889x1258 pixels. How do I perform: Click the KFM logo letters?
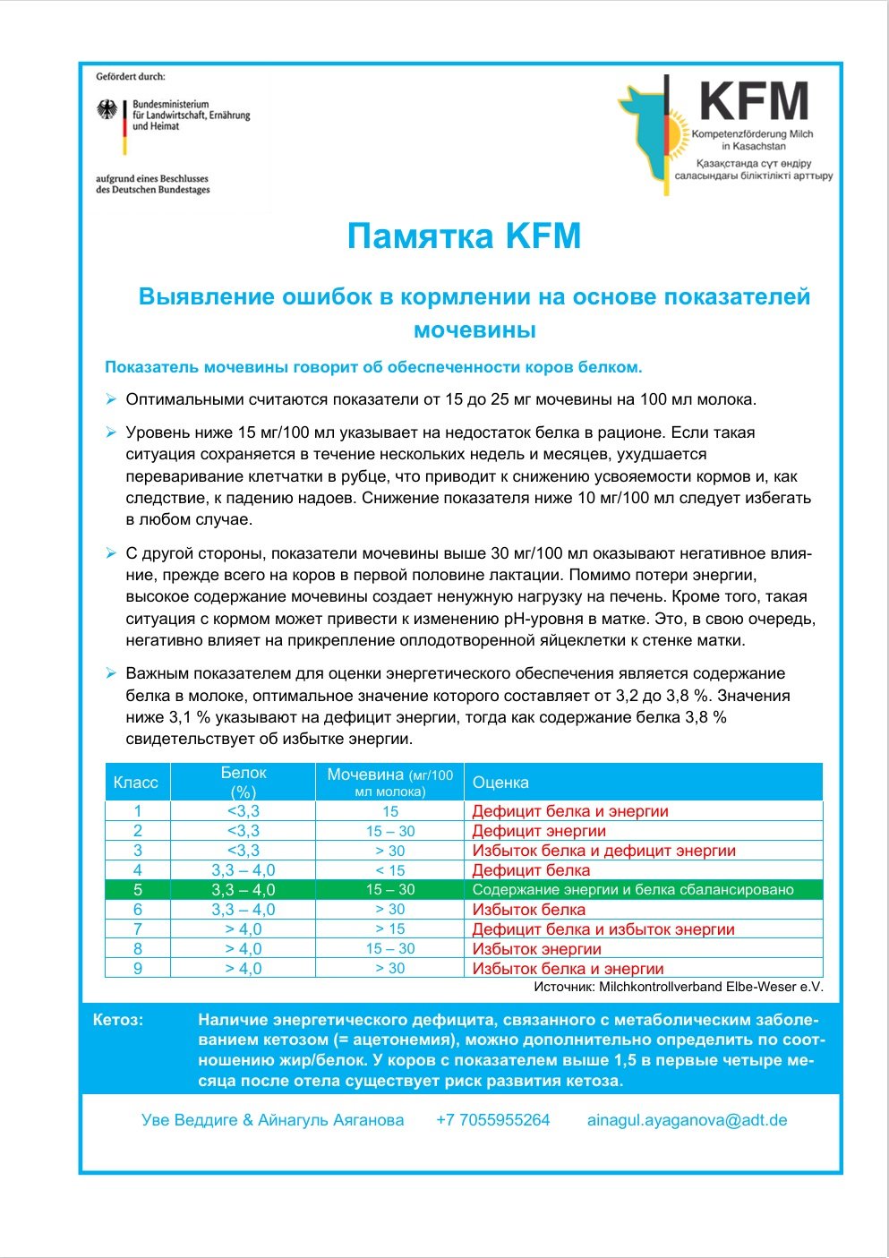pos(754,101)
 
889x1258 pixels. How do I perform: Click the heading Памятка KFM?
pos(464,236)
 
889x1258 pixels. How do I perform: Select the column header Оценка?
pos(500,783)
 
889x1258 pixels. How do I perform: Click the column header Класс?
pos(136,783)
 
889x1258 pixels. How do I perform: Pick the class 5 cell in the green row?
pos(137,890)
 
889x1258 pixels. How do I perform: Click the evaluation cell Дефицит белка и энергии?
pos(570,811)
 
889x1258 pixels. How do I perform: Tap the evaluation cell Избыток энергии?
pos(536,949)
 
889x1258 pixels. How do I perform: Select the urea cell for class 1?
pos(390,811)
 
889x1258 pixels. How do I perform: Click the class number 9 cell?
pos(137,969)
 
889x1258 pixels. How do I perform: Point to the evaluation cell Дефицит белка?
pos(531,870)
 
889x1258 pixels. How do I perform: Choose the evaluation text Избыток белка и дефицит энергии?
pos(603,851)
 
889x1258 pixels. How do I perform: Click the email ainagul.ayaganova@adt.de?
pos(687,1120)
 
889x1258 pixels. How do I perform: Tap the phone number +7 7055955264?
pos(492,1120)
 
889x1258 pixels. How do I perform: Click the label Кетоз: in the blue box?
pos(118,1020)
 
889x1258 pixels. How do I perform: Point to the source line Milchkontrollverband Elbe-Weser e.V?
pos(678,987)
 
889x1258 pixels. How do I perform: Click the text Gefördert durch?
pos(131,77)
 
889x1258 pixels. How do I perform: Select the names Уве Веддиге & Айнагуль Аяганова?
pos(272,1120)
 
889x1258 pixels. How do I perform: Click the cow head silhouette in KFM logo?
pos(643,125)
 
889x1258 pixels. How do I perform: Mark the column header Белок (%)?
pos(243,783)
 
